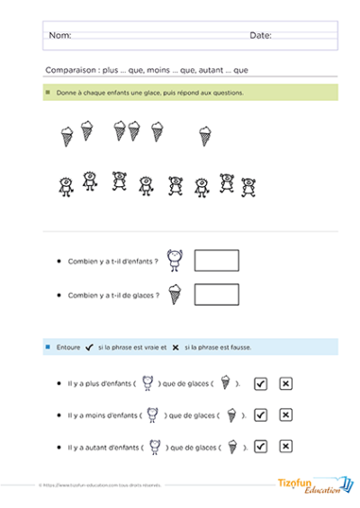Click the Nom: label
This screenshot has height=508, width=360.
[59, 36]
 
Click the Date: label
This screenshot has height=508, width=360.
[260, 36]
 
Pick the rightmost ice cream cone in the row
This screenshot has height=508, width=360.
[205, 135]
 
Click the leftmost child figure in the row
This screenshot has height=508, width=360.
[66, 185]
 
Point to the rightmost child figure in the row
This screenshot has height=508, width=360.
[249, 185]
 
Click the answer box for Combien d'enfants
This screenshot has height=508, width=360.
[217, 261]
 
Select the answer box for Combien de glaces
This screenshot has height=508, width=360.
[217, 294]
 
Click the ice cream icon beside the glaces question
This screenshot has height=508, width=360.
[175, 294]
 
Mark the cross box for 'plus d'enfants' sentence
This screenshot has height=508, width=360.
[286, 384]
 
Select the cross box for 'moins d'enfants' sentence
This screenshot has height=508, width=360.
[286, 415]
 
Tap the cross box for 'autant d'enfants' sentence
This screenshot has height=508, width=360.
[286, 446]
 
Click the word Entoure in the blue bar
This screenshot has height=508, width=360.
[69, 347]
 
